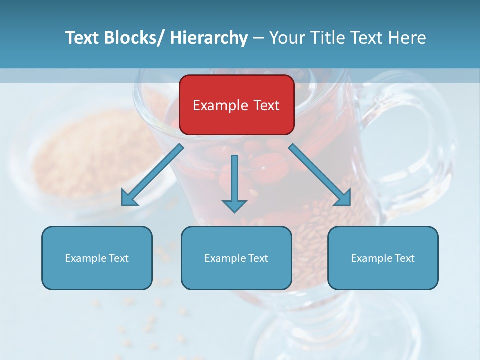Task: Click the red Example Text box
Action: point(236,105)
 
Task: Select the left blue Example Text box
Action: point(97,258)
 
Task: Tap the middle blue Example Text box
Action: point(236,258)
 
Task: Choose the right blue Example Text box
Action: point(383,258)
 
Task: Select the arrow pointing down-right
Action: point(320,175)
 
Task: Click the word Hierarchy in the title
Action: point(209,38)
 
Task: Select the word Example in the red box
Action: point(220,105)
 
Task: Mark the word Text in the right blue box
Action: point(404,258)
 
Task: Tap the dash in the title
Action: point(258,38)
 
